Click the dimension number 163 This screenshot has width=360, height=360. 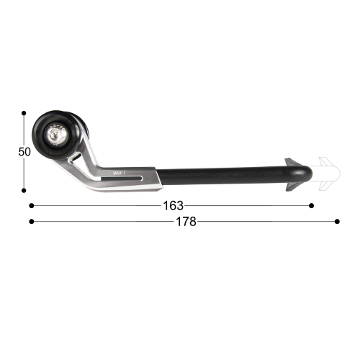[174, 205]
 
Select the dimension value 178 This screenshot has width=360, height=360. [184, 221]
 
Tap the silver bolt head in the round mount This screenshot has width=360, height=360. [57, 134]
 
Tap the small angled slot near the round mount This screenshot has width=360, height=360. [75, 154]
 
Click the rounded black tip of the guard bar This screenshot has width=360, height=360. [307, 174]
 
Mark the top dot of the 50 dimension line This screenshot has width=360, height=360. [24, 113]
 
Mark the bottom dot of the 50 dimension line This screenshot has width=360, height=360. [24, 191]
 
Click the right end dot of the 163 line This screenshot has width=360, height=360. [311, 205]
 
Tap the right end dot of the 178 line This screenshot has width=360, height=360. [336, 221]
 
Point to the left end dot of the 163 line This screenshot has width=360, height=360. [31, 205]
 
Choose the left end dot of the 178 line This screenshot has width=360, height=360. [31, 221]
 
